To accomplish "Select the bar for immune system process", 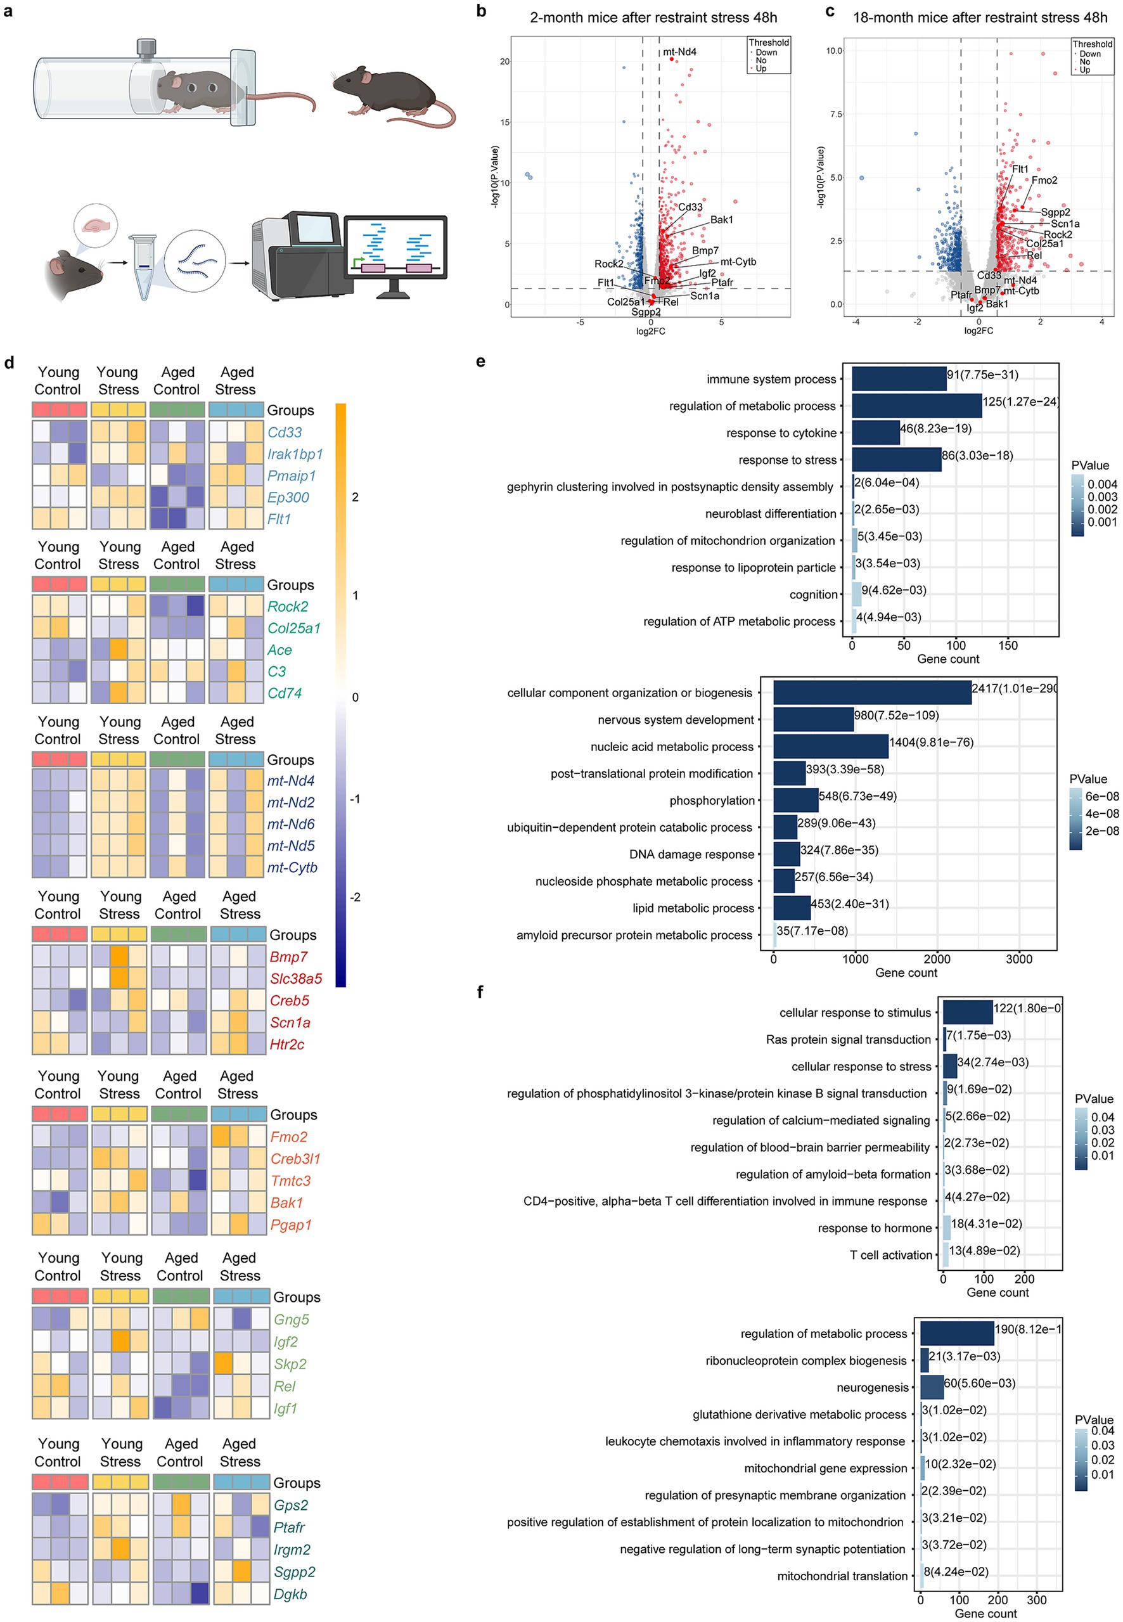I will click(x=899, y=378).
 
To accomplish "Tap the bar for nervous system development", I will click(x=812, y=719).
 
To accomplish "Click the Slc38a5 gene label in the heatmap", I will click(x=295, y=978).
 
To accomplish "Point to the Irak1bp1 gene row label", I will click(x=295, y=454).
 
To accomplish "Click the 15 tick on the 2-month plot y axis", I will click(x=504, y=122).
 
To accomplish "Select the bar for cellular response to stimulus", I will click(x=968, y=1012).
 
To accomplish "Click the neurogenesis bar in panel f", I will click(x=932, y=1387).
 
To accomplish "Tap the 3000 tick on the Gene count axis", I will click(x=1018, y=958).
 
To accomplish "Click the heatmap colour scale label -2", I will click(x=356, y=897).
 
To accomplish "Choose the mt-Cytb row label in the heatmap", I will click(x=292, y=868).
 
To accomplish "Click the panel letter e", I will click(x=480, y=362).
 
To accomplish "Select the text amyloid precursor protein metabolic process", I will click(x=634, y=934).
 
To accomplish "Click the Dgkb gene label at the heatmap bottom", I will click(x=290, y=1594).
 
